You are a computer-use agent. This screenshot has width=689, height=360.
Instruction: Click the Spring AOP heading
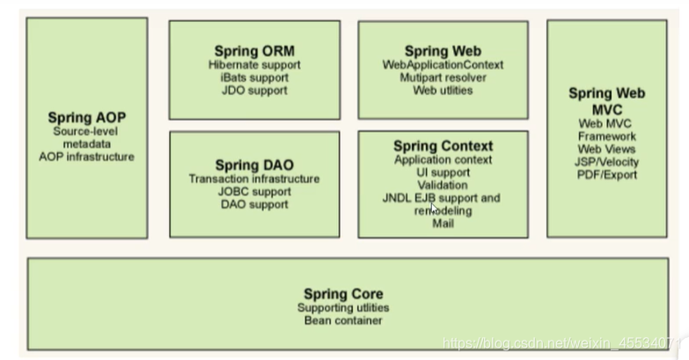pos(86,117)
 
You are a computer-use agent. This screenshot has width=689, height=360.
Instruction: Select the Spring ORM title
pos(254,51)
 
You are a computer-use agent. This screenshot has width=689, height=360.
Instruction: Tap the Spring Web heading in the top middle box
pos(443,51)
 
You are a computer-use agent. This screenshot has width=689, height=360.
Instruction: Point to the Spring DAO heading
pos(254,165)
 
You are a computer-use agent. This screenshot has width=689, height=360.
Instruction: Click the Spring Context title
pos(443,146)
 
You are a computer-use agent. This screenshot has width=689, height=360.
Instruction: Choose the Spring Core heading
pos(343,294)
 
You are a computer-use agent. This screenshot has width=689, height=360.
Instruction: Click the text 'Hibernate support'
pos(254,65)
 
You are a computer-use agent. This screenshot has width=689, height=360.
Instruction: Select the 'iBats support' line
pos(254,77)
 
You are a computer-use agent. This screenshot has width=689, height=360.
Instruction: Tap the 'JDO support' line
pos(254,91)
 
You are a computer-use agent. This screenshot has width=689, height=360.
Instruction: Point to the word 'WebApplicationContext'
pos(443,65)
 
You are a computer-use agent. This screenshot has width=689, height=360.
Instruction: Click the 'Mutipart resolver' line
pos(443,77)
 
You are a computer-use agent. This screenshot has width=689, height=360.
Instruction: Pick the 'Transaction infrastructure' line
pos(254,179)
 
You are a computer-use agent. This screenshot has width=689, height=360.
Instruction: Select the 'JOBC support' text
pos(254,192)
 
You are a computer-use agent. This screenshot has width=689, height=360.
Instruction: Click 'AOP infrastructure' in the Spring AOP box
pos(86,157)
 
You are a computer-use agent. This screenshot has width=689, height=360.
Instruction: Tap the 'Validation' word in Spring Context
pos(443,186)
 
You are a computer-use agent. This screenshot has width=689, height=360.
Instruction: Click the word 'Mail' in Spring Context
pos(443,224)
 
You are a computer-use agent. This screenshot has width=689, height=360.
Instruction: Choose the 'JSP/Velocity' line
pos(607,162)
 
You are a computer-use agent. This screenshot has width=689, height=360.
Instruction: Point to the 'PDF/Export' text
pos(607,174)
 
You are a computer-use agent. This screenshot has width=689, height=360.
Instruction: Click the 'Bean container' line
pos(343,320)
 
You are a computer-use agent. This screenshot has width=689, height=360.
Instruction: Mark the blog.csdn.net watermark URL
pos(563,342)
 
